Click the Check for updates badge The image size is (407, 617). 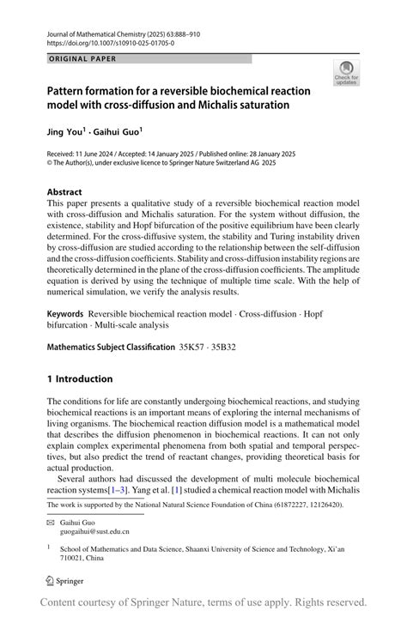click(x=348, y=73)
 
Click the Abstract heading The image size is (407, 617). click(x=64, y=192)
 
